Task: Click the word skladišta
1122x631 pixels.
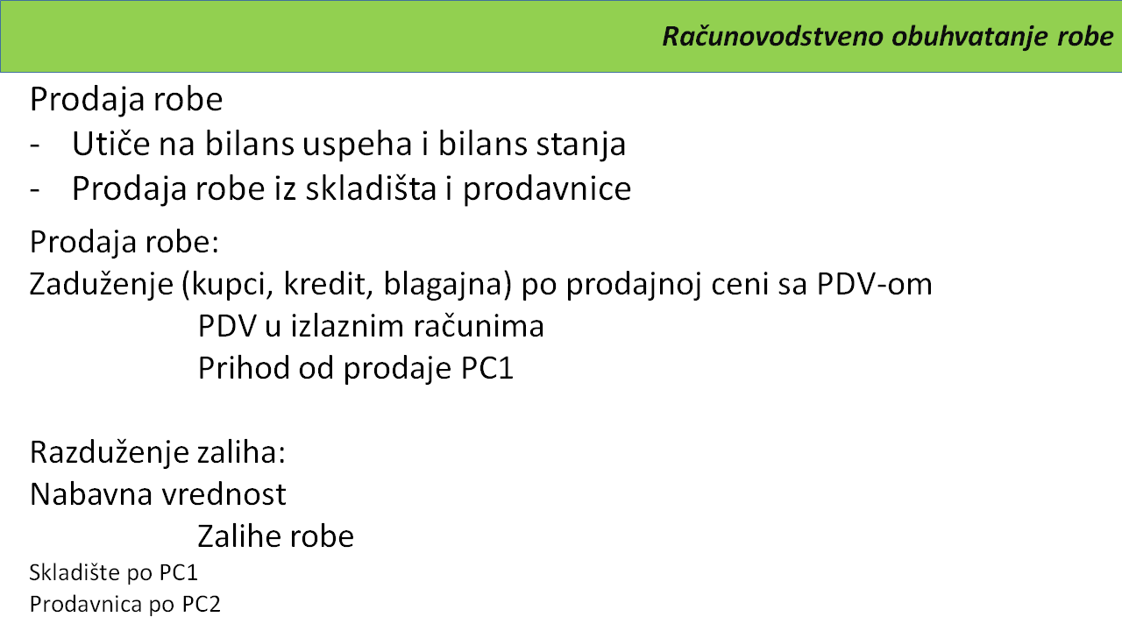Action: [x=371, y=188]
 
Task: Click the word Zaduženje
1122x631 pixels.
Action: [x=102, y=283]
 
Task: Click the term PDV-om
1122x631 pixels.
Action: [x=874, y=283]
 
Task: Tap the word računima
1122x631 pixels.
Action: [x=479, y=326]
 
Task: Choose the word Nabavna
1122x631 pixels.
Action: [x=91, y=494]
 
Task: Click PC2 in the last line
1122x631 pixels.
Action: [x=201, y=605]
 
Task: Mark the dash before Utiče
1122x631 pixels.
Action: [x=34, y=145]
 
